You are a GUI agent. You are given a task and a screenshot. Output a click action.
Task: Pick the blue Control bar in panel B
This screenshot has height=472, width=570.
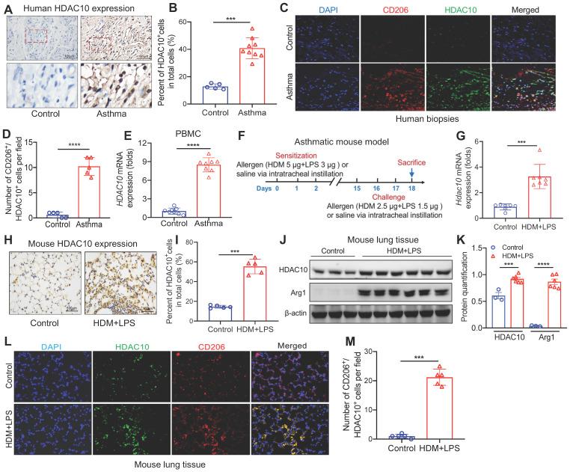(197, 87)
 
